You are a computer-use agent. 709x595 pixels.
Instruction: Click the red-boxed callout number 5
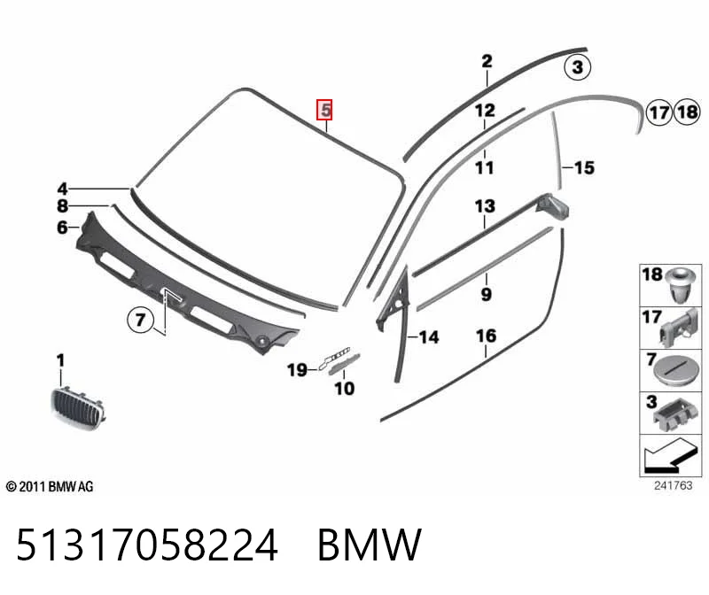point(324,110)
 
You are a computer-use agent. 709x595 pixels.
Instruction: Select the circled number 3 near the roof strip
point(578,67)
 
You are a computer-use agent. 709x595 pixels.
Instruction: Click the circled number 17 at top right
point(659,112)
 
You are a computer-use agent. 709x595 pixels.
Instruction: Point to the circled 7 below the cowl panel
point(140,320)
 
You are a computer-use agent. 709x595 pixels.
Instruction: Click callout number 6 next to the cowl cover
point(62,228)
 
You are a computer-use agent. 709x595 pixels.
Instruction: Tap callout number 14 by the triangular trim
point(429,337)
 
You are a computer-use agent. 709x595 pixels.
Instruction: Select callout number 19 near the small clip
point(297,370)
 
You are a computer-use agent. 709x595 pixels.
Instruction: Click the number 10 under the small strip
point(344,389)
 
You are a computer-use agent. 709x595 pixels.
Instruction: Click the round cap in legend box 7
point(674,370)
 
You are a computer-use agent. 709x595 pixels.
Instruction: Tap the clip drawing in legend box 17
point(678,328)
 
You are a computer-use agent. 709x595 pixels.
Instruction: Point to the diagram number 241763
point(673,486)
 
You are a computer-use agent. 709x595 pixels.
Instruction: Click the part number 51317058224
point(147,545)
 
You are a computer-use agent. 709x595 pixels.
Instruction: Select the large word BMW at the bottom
point(370,545)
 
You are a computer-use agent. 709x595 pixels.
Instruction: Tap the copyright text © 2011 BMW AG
point(50,487)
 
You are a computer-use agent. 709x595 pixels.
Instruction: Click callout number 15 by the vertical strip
point(584,167)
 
